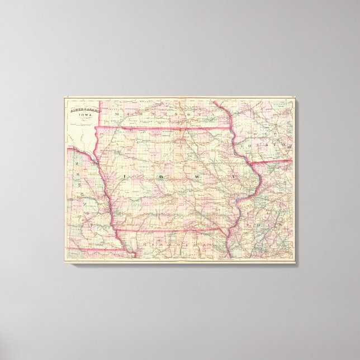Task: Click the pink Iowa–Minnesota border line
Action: [x=168, y=129]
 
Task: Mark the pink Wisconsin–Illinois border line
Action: [x=271, y=162]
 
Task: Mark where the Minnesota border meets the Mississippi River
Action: [x=231, y=129]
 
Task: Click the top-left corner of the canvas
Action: [x=64, y=98]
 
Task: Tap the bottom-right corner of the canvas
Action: [x=295, y=261]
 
